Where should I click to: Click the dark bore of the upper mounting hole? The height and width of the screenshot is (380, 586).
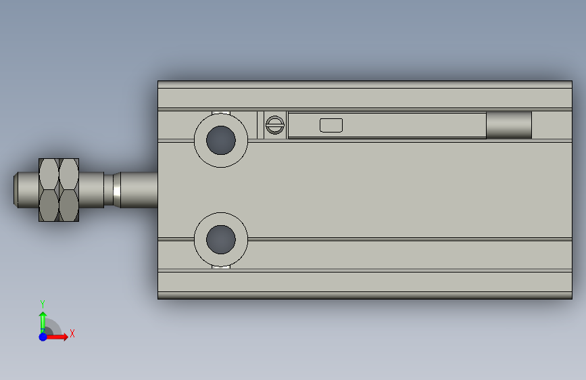pyautogui.click(x=221, y=139)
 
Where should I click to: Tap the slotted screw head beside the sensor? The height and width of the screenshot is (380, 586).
pyautogui.click(x=274, y=125)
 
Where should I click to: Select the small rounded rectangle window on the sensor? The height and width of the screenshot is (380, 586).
pyautogui.click(x=331, y=125)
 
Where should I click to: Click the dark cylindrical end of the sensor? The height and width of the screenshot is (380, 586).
pyautogui.click(x=508, y=125)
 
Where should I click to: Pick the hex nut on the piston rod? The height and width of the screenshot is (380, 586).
pyautogui.click(x=59, y=190)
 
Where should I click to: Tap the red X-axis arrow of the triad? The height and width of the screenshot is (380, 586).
pyautogui.click(x=59, y=336)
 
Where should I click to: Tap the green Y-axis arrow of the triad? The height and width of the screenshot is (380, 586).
pyautogui.click(x=43, y=319)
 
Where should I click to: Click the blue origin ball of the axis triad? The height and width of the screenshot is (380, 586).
pyautogui.click(x=43, y=336)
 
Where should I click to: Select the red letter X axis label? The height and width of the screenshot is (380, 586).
pyautogui.click(x=72, y=333)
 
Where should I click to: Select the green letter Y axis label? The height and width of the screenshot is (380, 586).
pyautogui.click(x=43, y=304)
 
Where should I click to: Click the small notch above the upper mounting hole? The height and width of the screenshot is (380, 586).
pyautogui.click(x=221, y=113)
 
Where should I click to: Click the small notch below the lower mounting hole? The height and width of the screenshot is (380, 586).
pyautogui.click(x=221, y=266)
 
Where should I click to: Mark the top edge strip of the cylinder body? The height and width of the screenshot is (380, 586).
pyautogui.click(x=365, y=85)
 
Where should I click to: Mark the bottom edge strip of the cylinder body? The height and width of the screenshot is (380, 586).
pyautogui.click(x=365, y=295)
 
